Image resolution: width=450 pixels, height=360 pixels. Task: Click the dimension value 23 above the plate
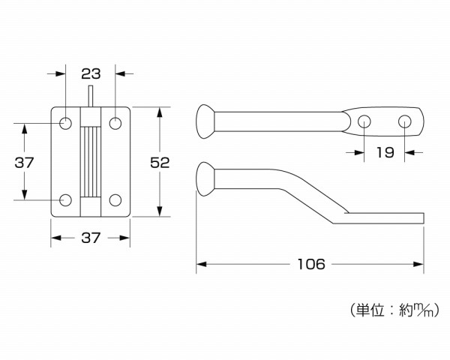point(90,74)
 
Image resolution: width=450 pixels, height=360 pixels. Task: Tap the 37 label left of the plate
point(25,162)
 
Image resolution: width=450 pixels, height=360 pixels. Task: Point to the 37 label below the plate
point(90,238)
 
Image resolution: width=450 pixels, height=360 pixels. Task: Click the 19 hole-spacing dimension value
point(384,153)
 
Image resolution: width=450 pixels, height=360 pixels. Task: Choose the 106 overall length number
point(310,264)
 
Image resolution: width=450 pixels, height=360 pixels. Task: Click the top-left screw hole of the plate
point(65,122)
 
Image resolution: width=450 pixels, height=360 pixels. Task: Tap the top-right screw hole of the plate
point(115,122)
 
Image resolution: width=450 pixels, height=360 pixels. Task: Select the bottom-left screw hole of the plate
point(65,200)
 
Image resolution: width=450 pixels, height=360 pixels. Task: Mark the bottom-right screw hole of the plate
point(115,200)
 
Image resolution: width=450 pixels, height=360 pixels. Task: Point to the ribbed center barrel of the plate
point(90,161)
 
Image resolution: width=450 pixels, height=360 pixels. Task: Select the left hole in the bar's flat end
point(364,121)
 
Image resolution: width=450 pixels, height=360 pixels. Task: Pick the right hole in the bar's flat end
point(405,121)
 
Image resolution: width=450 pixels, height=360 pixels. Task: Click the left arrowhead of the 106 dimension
point(201,264)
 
